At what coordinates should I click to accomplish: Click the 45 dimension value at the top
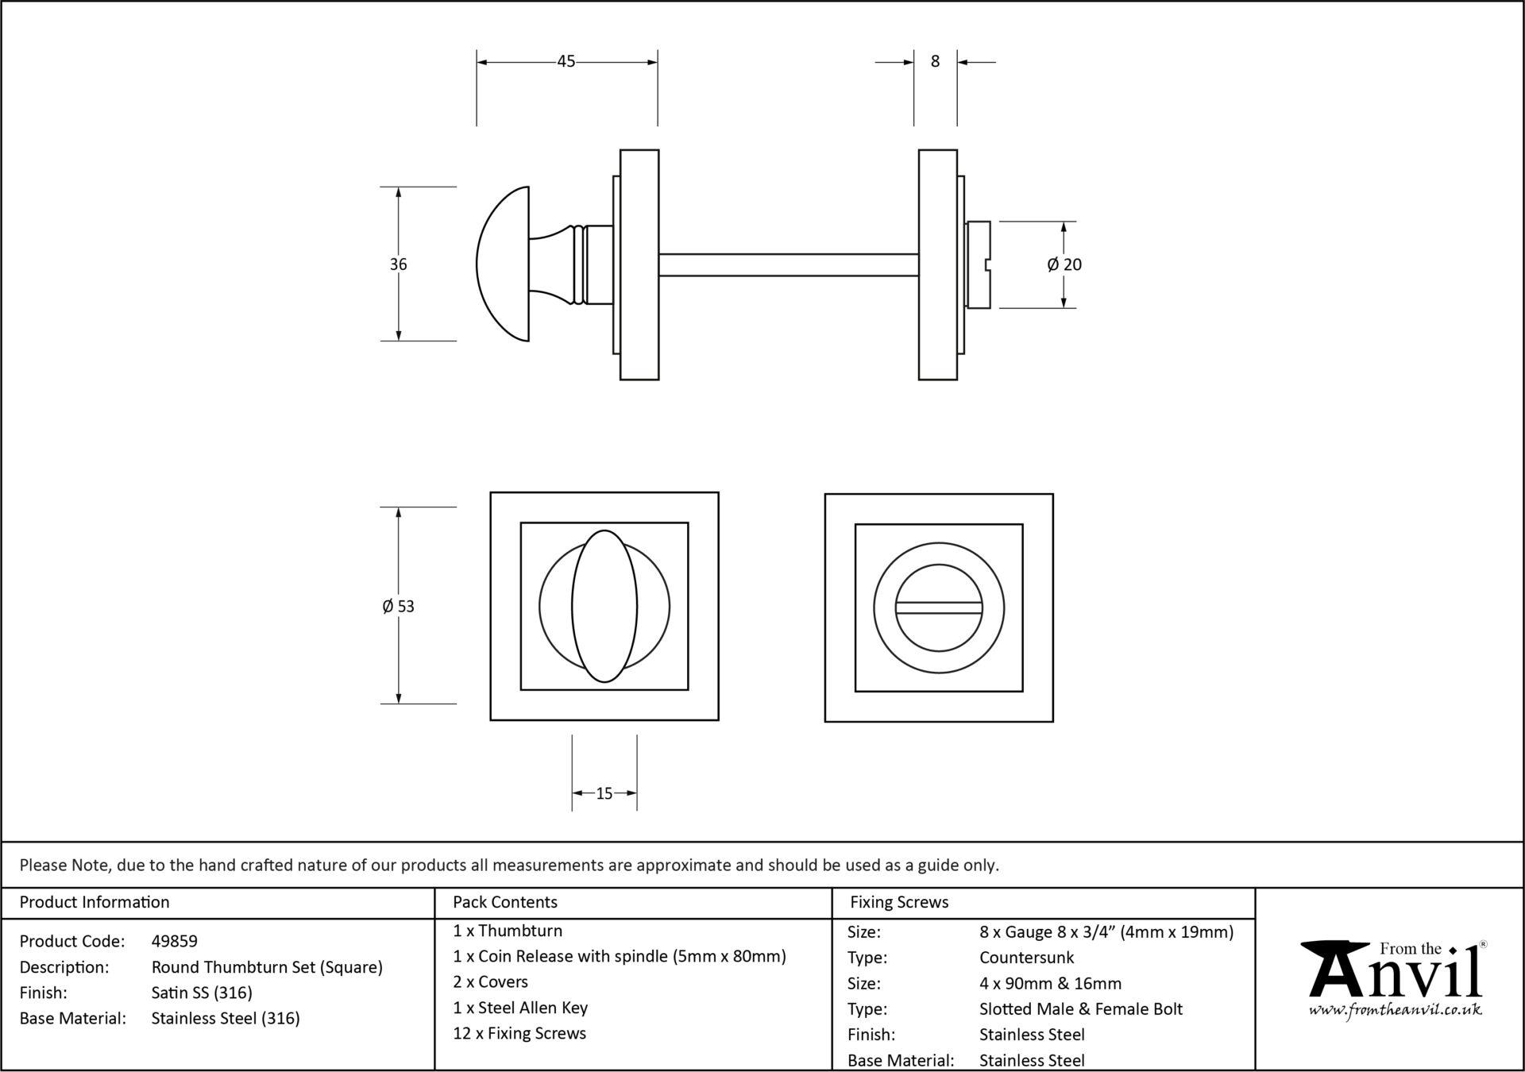[566, 61]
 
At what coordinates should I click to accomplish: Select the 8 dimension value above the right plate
[935, 61]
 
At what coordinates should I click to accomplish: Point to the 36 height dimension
[398, 264]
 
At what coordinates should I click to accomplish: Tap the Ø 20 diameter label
[1064, 264]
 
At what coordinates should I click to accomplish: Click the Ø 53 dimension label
[398, 607]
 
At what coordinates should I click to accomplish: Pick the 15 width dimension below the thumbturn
[604, 793]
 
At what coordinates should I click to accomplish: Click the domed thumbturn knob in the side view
[504, 264]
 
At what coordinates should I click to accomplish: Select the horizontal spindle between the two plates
[789, 264]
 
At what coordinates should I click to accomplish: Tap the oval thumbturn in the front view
[604, 606]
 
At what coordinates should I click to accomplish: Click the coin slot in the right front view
[939, 607]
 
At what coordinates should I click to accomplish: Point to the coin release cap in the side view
[979, 264]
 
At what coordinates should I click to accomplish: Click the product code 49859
[175, 941]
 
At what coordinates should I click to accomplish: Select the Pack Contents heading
[505, 902]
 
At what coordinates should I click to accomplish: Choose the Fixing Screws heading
[899, 902]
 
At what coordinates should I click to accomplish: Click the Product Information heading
[95, 902]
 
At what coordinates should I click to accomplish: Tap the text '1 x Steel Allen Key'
[520, 1008]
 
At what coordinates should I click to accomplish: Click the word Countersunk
[1027, 958]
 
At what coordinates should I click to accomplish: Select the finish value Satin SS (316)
[202, 993]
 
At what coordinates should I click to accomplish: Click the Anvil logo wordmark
[1396, 970]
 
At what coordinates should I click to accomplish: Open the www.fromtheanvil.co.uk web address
[1396, 1010]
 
